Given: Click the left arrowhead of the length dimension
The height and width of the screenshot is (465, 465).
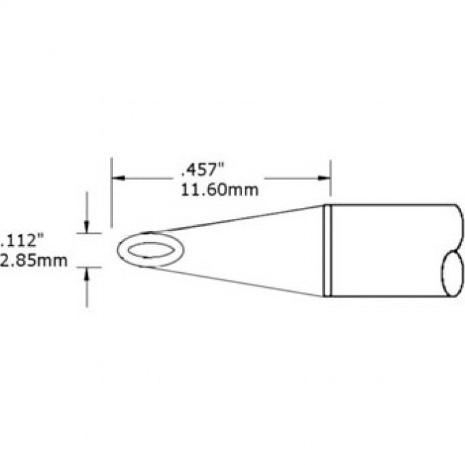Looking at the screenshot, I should pyautogui.click(x=117, y=178).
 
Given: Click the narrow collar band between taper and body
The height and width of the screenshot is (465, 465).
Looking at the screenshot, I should pyautogui.click(x=328, y=250).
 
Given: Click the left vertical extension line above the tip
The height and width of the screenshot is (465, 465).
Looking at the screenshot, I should pyautogui.click(x=111, y=191).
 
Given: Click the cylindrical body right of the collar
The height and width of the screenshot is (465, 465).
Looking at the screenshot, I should pyautogui.click(x=390, y=250).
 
